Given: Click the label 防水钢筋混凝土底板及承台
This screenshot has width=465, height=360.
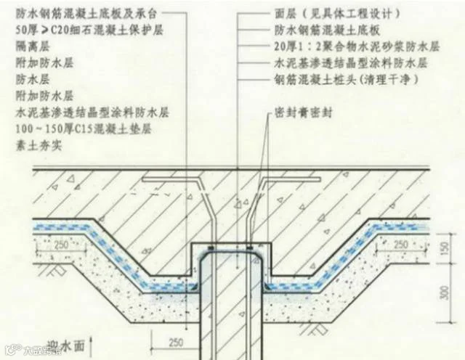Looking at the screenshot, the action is point(86,14).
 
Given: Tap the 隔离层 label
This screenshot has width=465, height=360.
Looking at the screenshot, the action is point(30,46).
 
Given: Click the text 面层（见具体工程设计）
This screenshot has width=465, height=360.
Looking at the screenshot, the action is point(341,14).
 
